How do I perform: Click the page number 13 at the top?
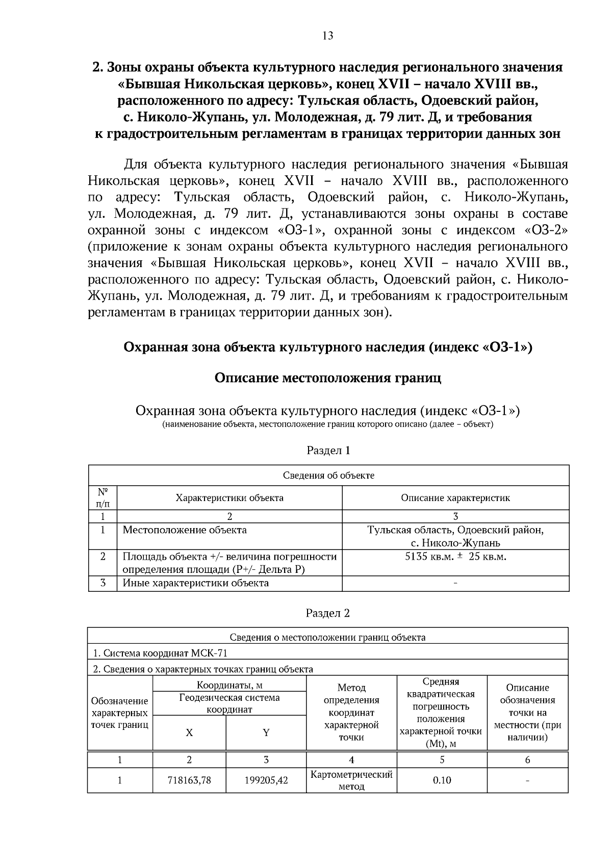coord(327,35)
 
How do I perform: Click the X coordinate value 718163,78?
coord(189,780)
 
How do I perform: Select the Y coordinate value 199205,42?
coord(266,780)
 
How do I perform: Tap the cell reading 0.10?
coord(442,780)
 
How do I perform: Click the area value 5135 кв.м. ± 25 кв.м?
coord(455,556)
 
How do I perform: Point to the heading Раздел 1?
coord(328,451)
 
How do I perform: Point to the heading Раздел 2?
coord(328,613)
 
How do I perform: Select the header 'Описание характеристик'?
coord(455,498)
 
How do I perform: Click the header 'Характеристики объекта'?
coord(229,498)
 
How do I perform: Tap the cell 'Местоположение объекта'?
coord(185,530)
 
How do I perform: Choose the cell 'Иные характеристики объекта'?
coord(196,583)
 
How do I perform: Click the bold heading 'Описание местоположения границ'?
coord(327,378)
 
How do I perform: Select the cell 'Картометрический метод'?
coord(351,780)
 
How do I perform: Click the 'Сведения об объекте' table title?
coord(328,476)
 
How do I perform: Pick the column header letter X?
coord(189,733)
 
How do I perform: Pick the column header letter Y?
coord(266,733)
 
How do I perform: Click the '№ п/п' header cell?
coord(103,498)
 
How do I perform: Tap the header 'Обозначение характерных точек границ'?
coord(120,713)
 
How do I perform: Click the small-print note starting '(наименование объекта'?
coord(327,425)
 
